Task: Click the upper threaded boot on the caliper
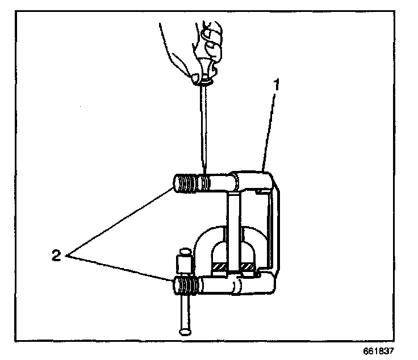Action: [188, 183]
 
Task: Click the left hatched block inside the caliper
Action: [219, 266]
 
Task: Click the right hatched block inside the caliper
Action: [248, 266]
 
